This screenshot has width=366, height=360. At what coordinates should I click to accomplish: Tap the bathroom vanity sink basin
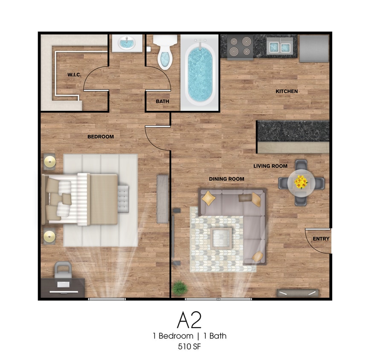tap(127, 43)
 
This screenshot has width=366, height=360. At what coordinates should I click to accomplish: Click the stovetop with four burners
tap(240, 47)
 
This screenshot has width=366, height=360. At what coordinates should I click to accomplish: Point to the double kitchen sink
tap(279, 47)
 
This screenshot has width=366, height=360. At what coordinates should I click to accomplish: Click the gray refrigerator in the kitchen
tap(314, 49)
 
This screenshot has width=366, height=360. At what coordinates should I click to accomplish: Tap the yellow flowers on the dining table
tap(301, 182)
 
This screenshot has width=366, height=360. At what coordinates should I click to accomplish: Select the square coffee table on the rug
tap(221, 238)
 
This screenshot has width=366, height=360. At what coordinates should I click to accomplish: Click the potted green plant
tap(180, 287)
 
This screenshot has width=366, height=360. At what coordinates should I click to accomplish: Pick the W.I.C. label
tap(74, 75)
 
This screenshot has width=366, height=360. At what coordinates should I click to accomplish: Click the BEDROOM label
tap(101, 136)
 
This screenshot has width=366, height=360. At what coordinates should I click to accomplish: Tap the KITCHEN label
tap(287, 91)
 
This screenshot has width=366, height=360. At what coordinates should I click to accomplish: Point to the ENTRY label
tap(321, 239)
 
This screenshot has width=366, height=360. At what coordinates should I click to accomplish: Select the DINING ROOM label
tap(227, 179)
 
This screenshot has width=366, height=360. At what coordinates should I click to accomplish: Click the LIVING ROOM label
tap(270, 166)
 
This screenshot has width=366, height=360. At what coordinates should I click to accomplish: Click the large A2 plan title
tap(189, 320)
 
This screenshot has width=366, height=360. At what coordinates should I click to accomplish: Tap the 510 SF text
tap(189, 347)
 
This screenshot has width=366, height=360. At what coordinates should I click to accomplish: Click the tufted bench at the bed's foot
tap(123, 199)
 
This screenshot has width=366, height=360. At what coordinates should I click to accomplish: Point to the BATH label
tap(163, 102)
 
